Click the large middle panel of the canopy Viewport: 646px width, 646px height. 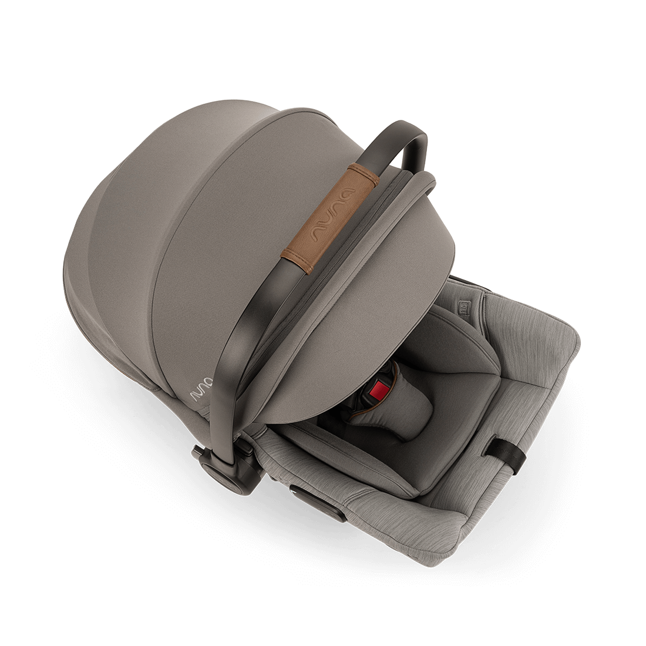tap(235, 235)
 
